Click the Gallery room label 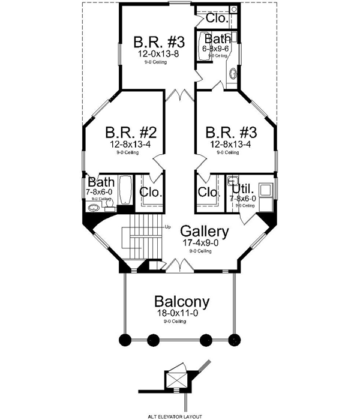[204, 231]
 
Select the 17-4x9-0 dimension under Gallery [204, 243]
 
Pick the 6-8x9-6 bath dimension [217, 49]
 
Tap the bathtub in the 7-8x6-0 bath [125, 191]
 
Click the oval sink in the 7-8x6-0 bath [93, 209]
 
